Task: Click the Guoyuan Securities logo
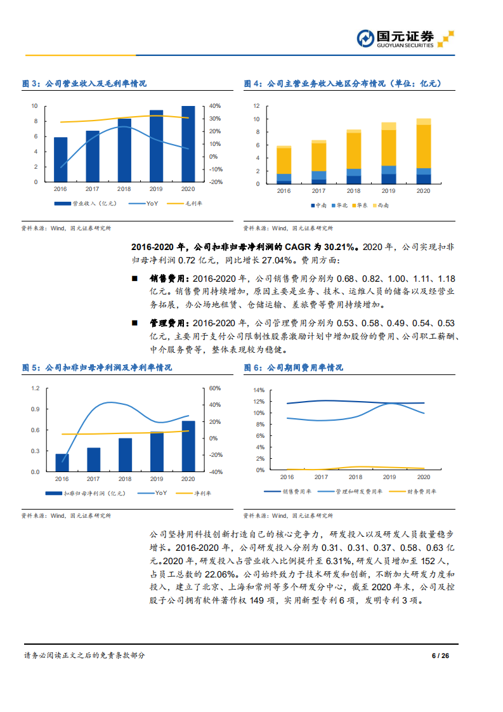coord(405,39)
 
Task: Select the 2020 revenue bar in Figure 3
coord(188,143)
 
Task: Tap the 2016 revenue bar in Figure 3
coord(60,159)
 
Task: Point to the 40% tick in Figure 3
coord(215,106)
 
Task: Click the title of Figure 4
coord(343,84)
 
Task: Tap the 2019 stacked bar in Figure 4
coord(388,153)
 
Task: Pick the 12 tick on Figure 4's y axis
coord(257,106)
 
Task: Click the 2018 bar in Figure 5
coord(125,455)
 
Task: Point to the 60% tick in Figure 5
coord(215,388)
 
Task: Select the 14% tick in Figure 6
coord(258,390)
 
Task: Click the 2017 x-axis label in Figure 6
coord(321,477)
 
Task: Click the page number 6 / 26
coord(440,656)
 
